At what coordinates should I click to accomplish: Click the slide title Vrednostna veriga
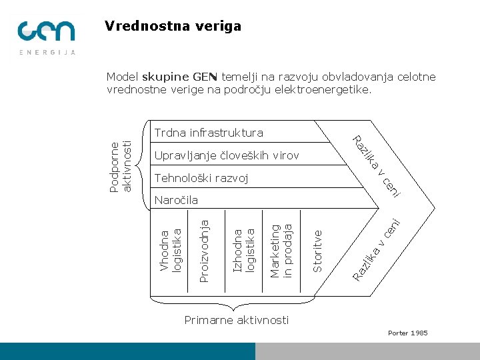tap(173, 27)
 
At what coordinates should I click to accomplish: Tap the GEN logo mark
tap(47, 31)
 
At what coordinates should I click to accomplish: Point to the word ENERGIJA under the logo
tap(47, 52)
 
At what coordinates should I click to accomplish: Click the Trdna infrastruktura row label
tap(208, 133)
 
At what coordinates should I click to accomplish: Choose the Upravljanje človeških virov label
tap(226, 156)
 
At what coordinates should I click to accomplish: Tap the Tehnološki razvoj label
tap(201, 178)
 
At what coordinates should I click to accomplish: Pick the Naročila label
tap(176, 200)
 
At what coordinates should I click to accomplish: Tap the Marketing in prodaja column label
tap(281, 247)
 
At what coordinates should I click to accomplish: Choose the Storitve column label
tap(318, 251)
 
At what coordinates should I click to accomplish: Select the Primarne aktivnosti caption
tap(237, 321)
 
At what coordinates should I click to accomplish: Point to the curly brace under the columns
tap(234, 307)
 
